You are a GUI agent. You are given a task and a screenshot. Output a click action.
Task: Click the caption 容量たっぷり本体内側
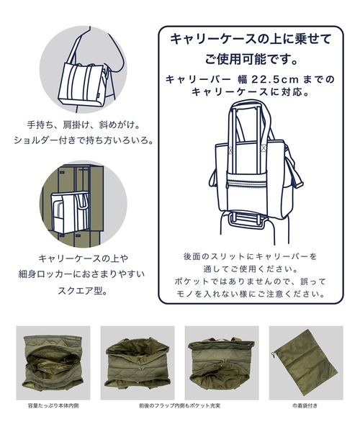pyautogui.click(x=53, y=405)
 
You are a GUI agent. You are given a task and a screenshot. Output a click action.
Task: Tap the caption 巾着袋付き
pyautogui.click(x=306, y=405)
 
